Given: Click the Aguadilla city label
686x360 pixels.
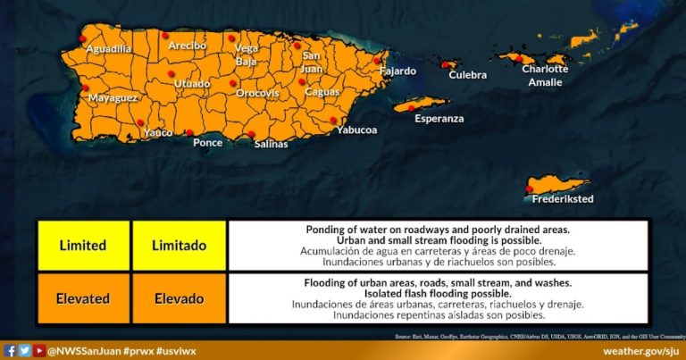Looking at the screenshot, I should pos(108,49).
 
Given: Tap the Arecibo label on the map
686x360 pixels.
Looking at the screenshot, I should pos(185,46).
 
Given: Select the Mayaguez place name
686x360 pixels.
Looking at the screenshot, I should pos(112,97).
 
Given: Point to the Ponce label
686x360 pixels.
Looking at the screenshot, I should pos(207,142).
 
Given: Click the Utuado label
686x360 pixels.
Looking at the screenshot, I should pos(192,84).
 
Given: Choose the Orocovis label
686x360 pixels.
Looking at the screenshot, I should pos(257,93).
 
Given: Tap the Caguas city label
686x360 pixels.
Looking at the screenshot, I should pos(322,92).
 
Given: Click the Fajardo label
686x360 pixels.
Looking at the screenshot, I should pos(397,71).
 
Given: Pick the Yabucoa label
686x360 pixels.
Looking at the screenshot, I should pos(356,130).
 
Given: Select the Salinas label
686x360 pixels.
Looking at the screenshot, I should pos(271,144).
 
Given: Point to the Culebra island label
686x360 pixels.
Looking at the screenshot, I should pos(467,76).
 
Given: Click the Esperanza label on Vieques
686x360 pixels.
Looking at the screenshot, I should pos(439,118).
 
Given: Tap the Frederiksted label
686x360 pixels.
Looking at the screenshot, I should pos(563,199).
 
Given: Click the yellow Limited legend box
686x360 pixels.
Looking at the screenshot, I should pos(82,246).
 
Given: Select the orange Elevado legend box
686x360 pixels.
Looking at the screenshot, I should pos(179,298).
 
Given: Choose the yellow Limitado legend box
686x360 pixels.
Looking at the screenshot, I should pos(179,246).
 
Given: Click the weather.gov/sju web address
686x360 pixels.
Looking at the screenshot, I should pos(640,350).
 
